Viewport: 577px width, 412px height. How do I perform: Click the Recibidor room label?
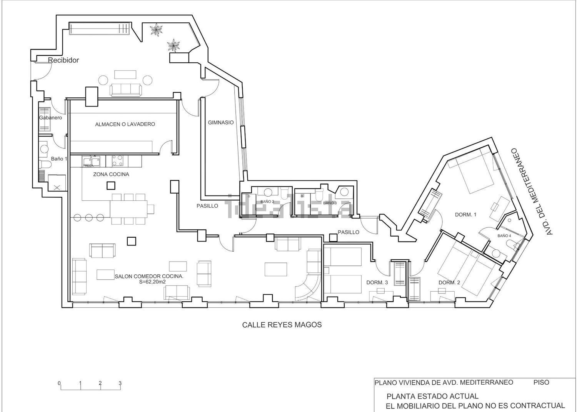click(63, 60)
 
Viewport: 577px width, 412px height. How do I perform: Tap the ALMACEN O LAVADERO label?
click(125, 124)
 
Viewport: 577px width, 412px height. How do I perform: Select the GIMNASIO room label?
click(221, 122)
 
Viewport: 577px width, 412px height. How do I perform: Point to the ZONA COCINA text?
click(111, 174)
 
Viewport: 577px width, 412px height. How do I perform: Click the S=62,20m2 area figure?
click(152, 282)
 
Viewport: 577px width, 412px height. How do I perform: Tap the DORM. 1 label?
click(465, 215)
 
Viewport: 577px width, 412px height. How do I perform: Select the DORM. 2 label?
click(449, 282)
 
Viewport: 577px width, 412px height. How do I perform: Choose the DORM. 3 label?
click(377, 282)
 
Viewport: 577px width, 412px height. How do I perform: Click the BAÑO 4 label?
click(504, 235)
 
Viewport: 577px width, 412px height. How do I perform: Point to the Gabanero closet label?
click(50, 118)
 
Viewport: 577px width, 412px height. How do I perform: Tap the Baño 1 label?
click(59, 158)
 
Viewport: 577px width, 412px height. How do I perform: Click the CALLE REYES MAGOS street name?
click(282, 325)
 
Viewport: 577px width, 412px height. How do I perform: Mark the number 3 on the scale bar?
click(120, 383)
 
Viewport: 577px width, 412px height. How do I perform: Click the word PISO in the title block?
click(541, 382)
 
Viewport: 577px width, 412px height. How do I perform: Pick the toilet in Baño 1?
click(46, 165)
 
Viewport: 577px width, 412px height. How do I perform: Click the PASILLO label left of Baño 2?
click(207, 206)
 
